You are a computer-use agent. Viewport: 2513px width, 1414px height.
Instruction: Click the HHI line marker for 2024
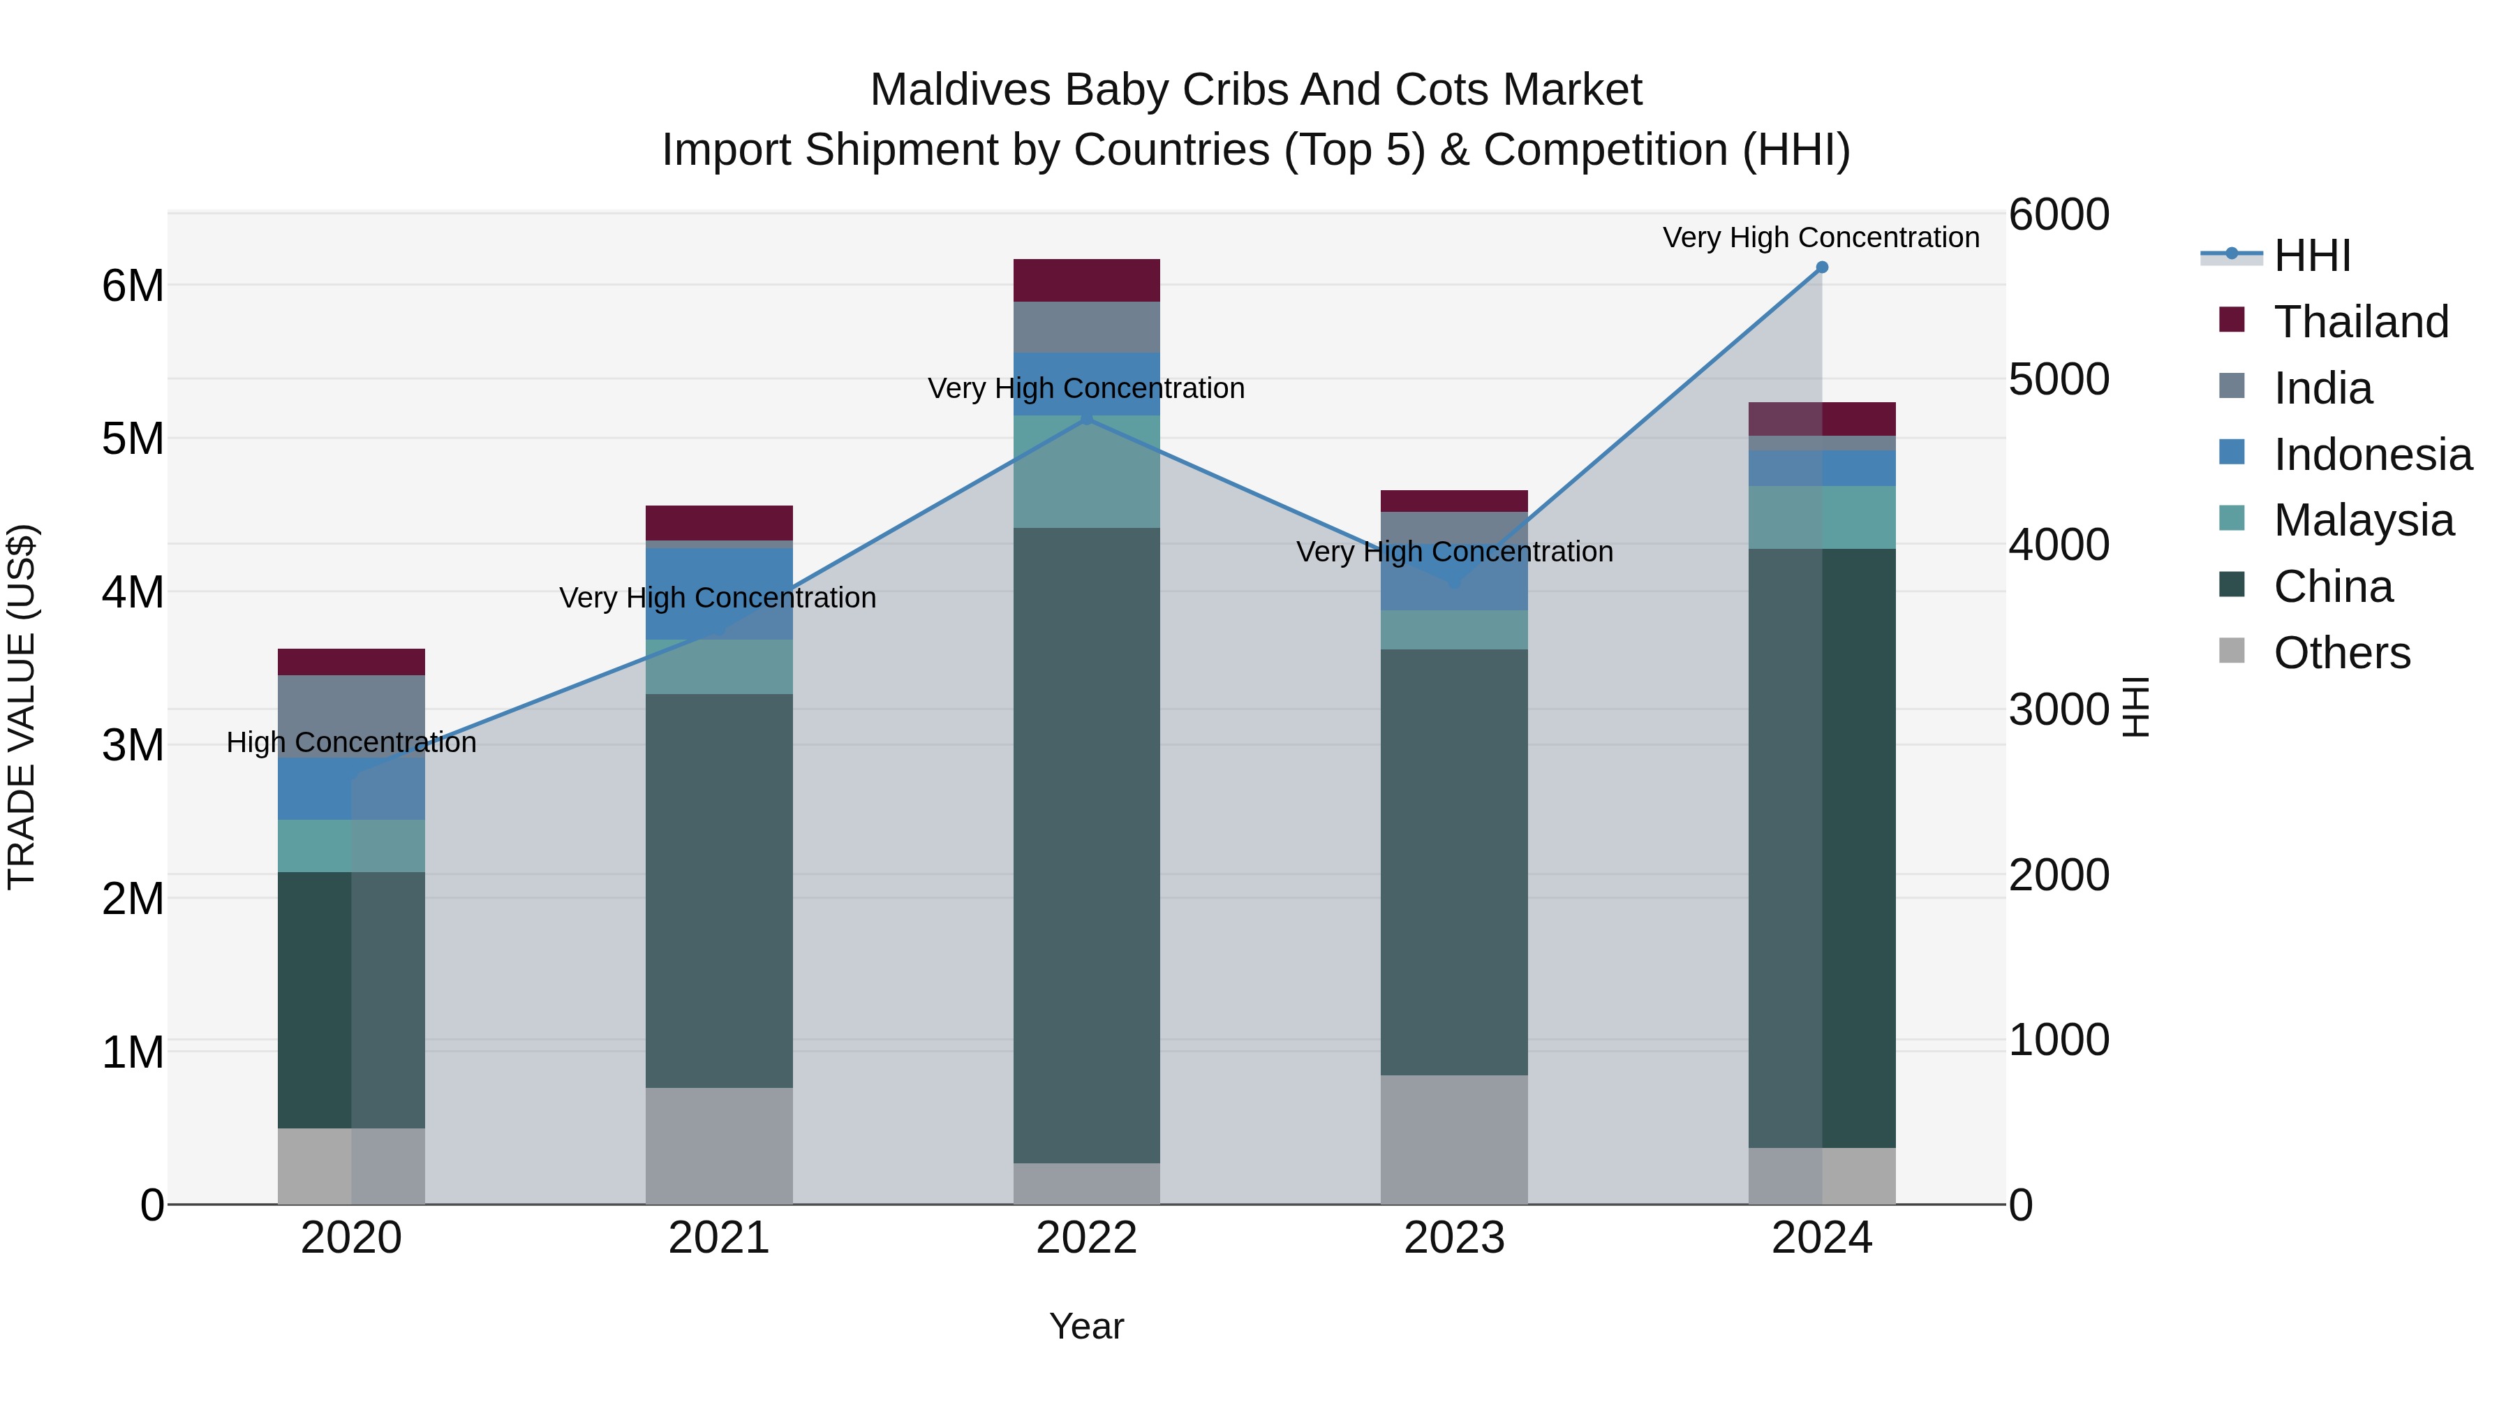coord(1821,267)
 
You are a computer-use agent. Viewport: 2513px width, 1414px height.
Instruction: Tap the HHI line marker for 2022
coord(1087,418)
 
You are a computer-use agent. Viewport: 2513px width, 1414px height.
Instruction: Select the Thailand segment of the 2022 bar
coord(1087,280)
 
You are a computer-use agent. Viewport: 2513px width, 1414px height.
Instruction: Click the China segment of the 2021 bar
coord(719,890)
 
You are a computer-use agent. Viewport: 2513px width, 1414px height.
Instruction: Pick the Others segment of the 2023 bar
coord(1453,1139)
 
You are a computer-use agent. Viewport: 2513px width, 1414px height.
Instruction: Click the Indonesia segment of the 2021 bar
coord(719,594)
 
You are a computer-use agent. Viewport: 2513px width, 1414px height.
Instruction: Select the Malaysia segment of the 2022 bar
coord(1087,471)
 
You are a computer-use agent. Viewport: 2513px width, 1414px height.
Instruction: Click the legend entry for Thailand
coord(2361,321)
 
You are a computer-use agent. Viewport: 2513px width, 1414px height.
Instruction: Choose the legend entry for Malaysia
coord(2363,520)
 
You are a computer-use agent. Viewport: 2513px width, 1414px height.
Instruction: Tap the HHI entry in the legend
coord(2311,256)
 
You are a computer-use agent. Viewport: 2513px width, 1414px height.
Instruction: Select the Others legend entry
coord(2341,653)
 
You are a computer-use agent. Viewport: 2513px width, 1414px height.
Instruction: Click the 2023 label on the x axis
coord(1453,1238)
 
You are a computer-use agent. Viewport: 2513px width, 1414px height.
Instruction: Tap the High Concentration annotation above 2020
coord(351,743)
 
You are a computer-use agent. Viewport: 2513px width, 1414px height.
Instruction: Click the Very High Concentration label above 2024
coord(1821,237)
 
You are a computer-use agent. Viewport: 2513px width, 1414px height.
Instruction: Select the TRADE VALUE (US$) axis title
coord(22,707)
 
